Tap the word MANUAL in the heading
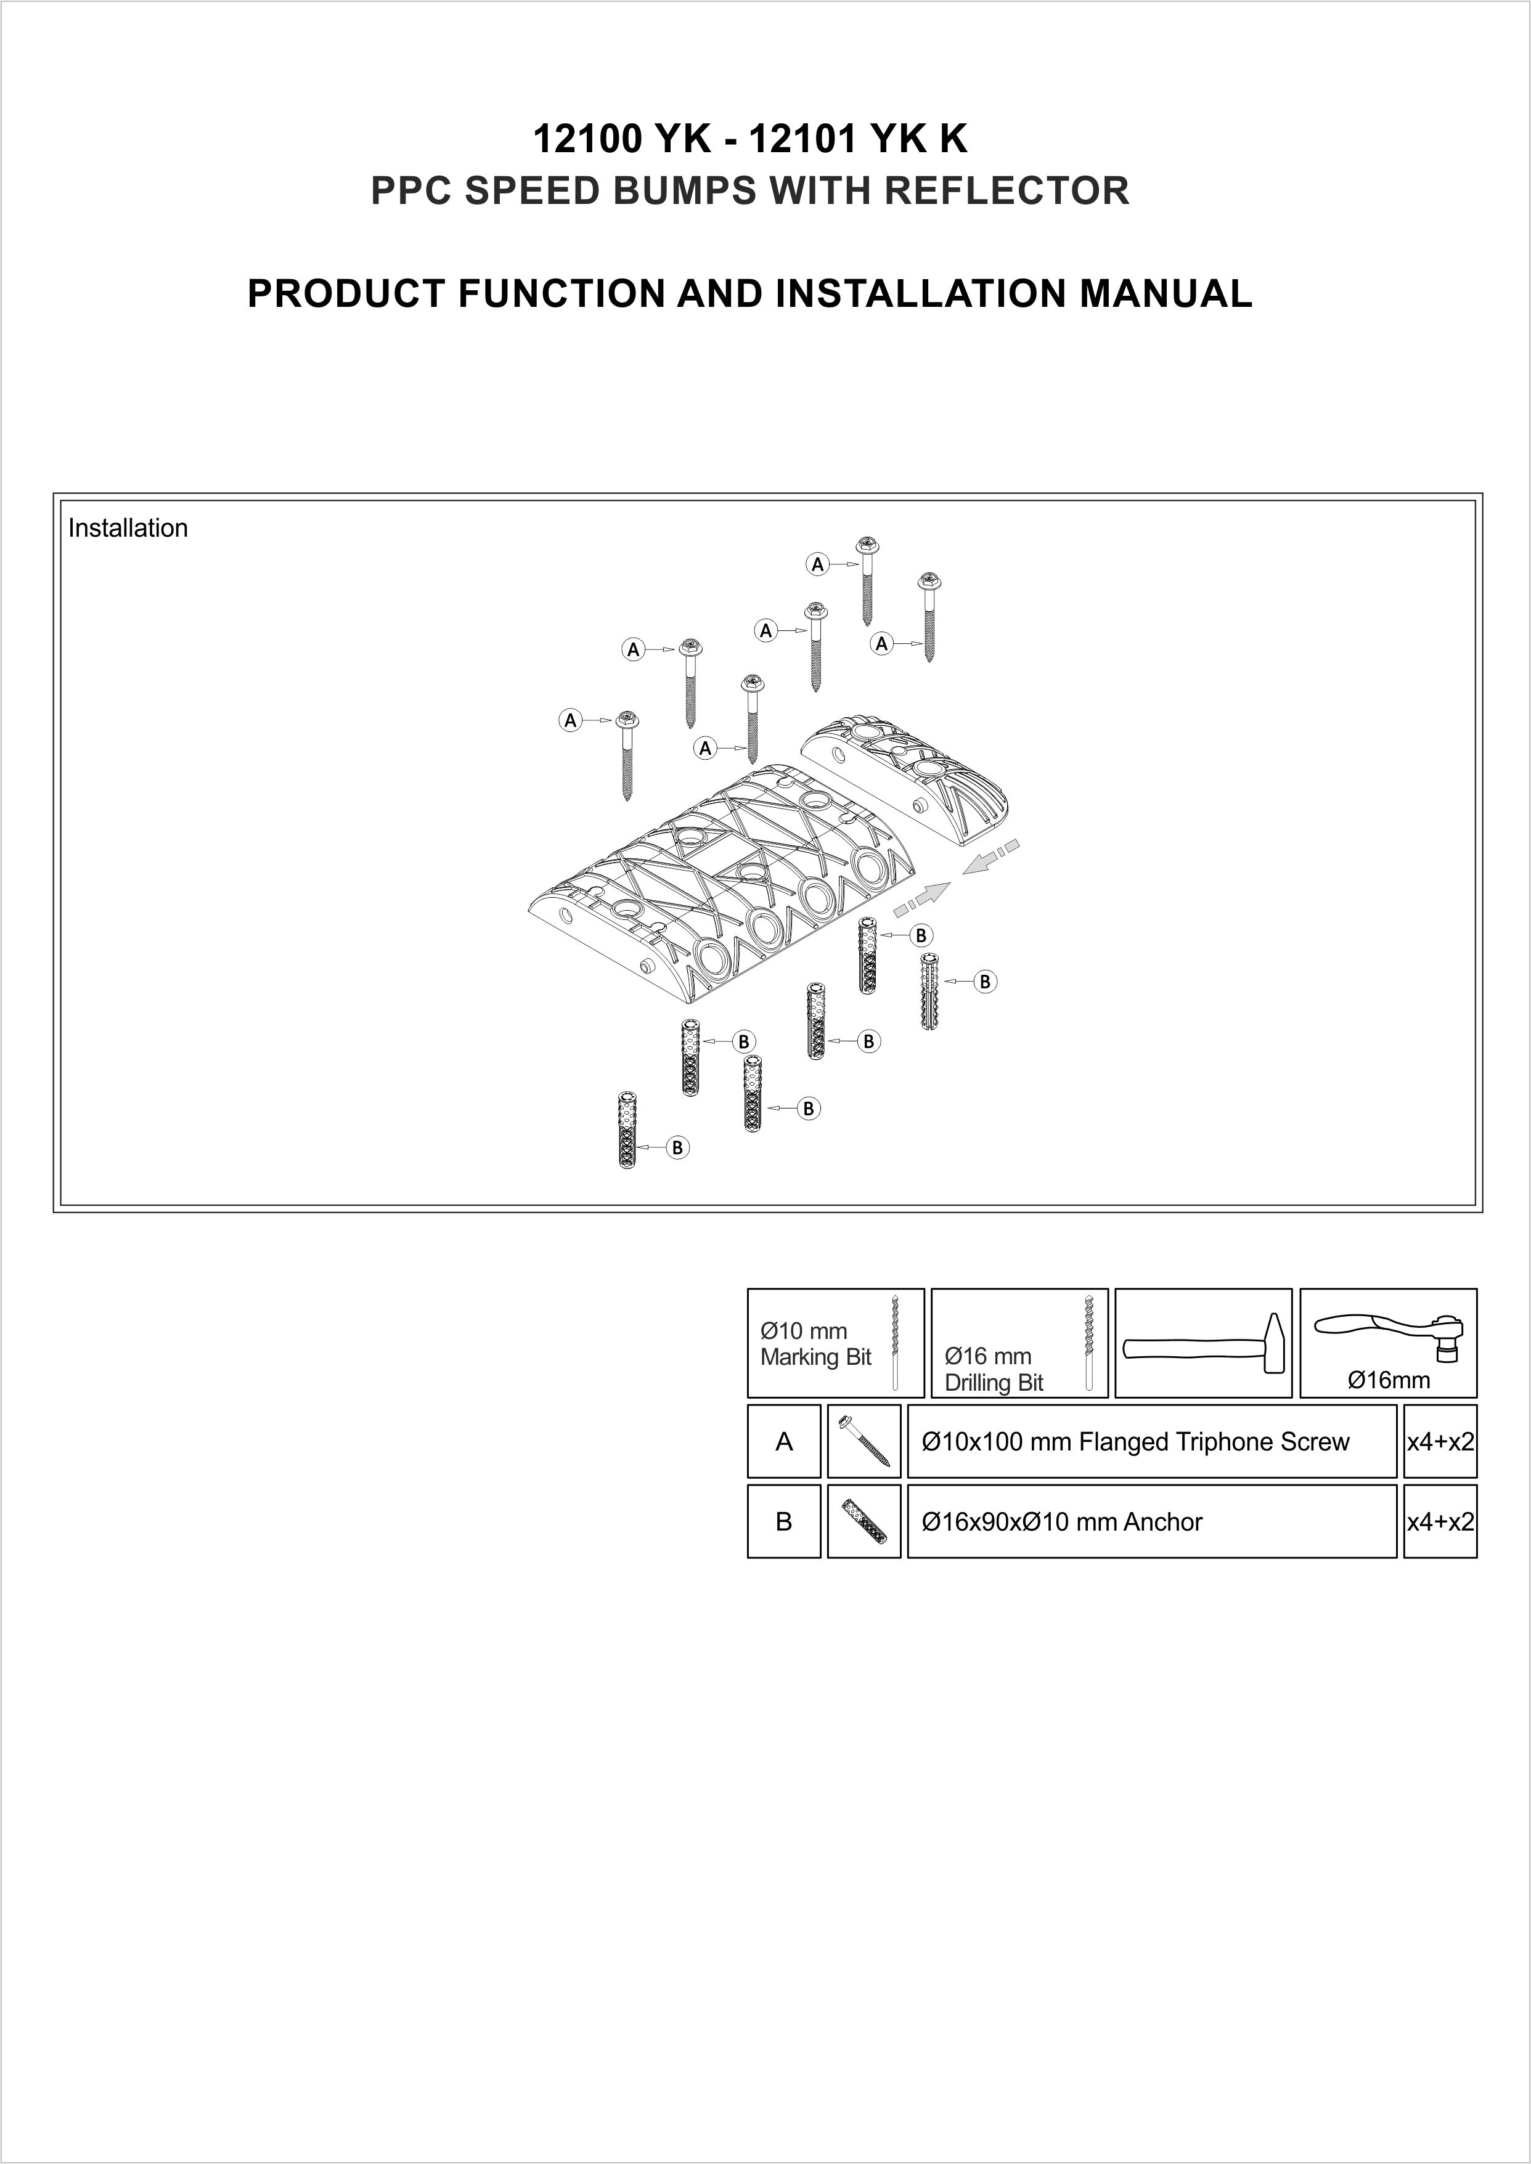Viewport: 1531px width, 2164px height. click(1166, 293)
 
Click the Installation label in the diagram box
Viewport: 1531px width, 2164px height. click(128, 528)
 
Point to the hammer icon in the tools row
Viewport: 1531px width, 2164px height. click(1203, 1343)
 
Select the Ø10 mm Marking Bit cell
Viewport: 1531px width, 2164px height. click(835, 1343)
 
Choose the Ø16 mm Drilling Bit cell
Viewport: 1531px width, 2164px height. click(1018, 1343)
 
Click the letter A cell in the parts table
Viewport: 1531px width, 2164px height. click(783, 1441)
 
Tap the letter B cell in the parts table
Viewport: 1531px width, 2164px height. click(783, 1521)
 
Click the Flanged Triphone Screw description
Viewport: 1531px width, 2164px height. click(1135, 1442)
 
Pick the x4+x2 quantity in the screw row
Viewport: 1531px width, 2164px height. click(1440, 1442)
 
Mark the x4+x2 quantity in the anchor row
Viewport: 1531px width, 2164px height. click(1440, 1522)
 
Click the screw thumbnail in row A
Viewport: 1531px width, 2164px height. click(863, 1441)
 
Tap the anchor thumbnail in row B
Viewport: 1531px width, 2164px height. click(863, 1521)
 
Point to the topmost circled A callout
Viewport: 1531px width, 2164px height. click(817, 564)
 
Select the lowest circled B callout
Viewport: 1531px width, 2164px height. click(677, 1147)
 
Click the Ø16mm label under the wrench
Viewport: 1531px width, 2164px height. click(1388, 1381)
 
